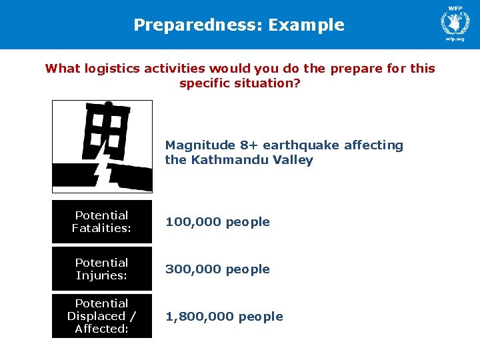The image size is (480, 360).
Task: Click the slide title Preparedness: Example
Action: click(239, 25)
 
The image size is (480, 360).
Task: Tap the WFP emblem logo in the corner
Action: click(455, 21)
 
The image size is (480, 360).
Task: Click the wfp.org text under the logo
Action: click(455, 39)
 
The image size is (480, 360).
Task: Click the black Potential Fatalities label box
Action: click(102, 222)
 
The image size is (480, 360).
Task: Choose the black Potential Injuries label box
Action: click(102, 269)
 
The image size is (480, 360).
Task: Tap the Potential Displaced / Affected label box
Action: click(102, 316)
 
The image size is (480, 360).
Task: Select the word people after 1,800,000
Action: click(261, 317)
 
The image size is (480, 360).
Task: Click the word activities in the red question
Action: click(179, 69)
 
